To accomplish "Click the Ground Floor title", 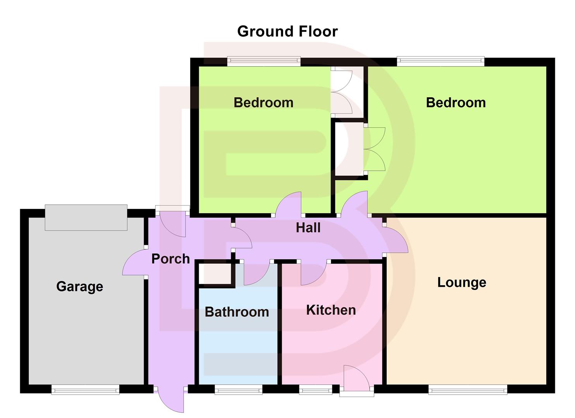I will click(x=287, y=31).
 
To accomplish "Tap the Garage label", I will click(x=80, y=286).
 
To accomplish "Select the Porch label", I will click(x=170, y=259).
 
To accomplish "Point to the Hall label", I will click(x=308, y=228).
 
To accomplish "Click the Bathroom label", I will click(x=237, y=312).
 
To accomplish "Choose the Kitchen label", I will click(x=331, y=310).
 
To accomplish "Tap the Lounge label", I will click(x=462, y=282).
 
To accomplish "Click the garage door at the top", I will click(x=86, y=218).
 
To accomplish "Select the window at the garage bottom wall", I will click(x=86, y=390).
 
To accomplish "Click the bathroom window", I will click(x=238, y=390).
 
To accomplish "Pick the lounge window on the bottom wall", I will click(x=467, y=390).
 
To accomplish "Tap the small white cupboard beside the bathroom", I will click(x=215, y=274).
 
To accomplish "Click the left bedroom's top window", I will click(x=264, y=61).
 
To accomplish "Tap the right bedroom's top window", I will click(x=440, y=61).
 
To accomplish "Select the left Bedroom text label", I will click(x=263, y=103).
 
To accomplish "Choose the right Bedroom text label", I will click(x=456, y=103).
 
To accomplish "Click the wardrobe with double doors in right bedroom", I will click(x=349, y=149).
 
